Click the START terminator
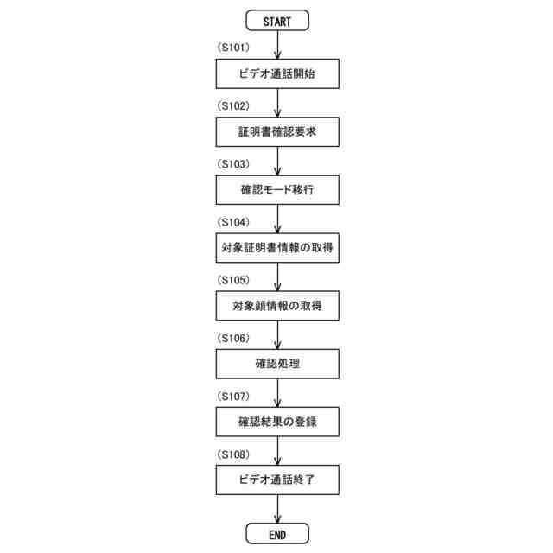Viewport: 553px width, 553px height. tap(276, 21)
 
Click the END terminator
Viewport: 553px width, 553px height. tap(276, 534)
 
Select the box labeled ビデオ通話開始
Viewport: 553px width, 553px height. tap(276, 74)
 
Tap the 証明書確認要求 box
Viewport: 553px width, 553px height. tap(276, 132)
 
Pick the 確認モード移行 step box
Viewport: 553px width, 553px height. tap(276, 190)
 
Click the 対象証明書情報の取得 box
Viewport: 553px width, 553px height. tap(276, 248)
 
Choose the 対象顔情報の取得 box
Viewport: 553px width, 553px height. tap(276, 306)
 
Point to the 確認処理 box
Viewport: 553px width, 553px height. tap(276, 364)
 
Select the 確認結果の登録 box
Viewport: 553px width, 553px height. tap(276, 422)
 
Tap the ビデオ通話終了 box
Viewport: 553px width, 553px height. tap(276, 480)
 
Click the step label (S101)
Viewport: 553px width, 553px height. tap(233, 48)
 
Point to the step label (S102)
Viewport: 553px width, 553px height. tap(233, 106)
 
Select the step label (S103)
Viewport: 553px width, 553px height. tap(233, 164)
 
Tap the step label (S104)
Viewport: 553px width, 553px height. tap(233, 222)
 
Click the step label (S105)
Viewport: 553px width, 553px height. tap(233, 280)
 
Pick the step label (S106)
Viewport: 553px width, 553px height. tap(233, 338)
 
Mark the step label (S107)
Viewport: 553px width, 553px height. tap(233, 396)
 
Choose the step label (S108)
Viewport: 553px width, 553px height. tap(233, 454)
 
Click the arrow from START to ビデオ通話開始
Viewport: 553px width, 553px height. tap(276, 45)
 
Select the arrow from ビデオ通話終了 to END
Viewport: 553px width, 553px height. tap(276, 509)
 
